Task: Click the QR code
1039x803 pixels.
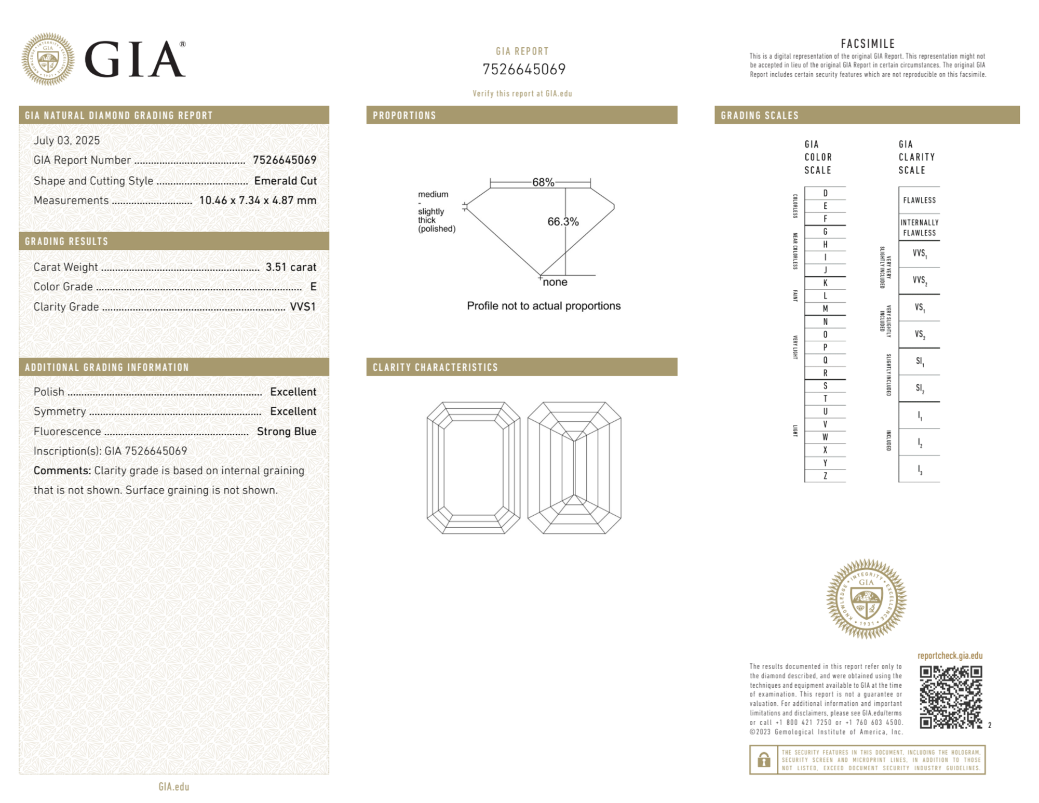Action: tap(950, 697)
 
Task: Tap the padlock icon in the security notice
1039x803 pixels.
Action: tap(763, 760)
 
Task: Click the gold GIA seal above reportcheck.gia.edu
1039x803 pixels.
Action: tap(866, 599)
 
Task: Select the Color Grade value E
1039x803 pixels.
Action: tap(313, 287)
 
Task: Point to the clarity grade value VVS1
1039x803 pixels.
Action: tap(303, 307)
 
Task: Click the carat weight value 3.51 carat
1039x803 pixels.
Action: tap(291, 267)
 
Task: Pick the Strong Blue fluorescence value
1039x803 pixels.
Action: tap(286, 432)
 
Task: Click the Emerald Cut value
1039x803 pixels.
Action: tap(285, 181)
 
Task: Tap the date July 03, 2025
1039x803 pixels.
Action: tap(66, 141)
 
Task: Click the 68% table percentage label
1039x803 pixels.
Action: tap(543, 182)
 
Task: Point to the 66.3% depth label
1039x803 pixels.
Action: tap(563, 222)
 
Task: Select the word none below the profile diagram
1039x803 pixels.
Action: tap(555, 283)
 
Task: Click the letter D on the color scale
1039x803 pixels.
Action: tap(825, 193)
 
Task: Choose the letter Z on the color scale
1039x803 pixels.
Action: tap(825, 476)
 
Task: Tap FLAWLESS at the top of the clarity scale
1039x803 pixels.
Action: tap(919, 200)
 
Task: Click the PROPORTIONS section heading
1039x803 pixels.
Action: tap(404, 116)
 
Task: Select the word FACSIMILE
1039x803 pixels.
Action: tap(867, 44)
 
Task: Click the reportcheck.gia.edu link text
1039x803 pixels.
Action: tap(950, 656)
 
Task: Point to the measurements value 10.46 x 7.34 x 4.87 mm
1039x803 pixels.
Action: tap(258, 200)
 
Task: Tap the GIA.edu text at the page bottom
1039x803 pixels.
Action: tap(174, 787)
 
